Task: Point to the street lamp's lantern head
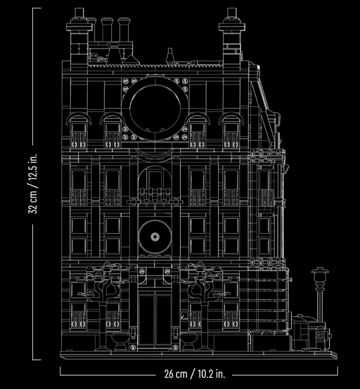click(319, 275)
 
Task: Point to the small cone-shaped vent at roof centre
click(170, 56)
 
